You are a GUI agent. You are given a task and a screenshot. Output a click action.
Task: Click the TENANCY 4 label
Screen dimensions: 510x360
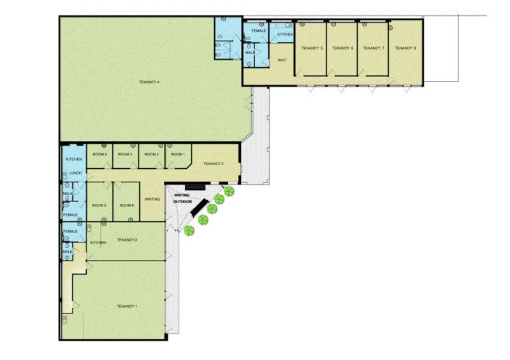pyautogui.click(x=149, y=82)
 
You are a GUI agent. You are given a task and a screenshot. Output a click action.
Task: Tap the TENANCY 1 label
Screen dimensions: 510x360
pyautogui.click(x=127, y=306)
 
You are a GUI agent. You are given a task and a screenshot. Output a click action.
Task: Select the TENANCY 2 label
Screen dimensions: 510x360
pyautogui.click(x=127, y=240)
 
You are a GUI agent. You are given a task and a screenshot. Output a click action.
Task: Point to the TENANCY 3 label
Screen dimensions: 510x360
pyautogui.click(x=214, y=164)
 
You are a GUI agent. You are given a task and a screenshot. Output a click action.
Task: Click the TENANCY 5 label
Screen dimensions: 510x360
pyautogui.click(x=312, y=48)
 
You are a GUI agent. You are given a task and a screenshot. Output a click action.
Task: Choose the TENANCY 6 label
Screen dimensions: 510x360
pyautogui.click(x=342, y=48)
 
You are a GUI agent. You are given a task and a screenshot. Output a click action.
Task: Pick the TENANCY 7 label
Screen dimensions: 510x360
pyautogui.click(x=374, y=48)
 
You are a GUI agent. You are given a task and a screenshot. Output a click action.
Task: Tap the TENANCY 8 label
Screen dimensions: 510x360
pyautogui.click(x=405, y=48)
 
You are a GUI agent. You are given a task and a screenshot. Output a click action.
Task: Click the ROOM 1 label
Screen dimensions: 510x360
pyautogui.click(x=178, y=154)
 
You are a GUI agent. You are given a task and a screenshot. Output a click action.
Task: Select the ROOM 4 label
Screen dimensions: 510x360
pyautogui.click(x=100, y=154)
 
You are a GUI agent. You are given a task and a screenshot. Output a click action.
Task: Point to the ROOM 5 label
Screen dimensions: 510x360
pyautogui.click(x=99, y=205)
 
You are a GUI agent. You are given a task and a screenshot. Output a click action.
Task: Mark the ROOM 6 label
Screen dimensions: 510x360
pyautogui.click(x=126, y=205)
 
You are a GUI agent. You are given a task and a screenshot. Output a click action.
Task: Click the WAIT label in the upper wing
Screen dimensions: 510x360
pyautogui.click(x=282, y=60)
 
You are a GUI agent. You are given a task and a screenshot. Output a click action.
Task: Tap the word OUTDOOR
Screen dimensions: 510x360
pyautogui.click(x=182, y=201)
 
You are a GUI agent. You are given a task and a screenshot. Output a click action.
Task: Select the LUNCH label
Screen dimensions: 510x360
pyautogui.click(x=75, y=173)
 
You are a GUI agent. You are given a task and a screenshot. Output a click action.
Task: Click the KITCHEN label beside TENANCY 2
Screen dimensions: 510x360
pyautogui.click(x=98, y=243)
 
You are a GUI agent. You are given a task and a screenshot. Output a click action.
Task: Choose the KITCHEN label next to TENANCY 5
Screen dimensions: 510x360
pyautogui.click(x=285, y=34)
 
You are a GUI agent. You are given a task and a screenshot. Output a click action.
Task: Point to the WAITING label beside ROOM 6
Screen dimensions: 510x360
pyautogui.click(x=152, y=199)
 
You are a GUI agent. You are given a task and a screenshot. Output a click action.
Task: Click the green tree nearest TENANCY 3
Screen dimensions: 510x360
pyautogui.click(x=229, y=191)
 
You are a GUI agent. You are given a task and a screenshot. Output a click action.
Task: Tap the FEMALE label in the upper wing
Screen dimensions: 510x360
pyautogui.click(x=259, y=31)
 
